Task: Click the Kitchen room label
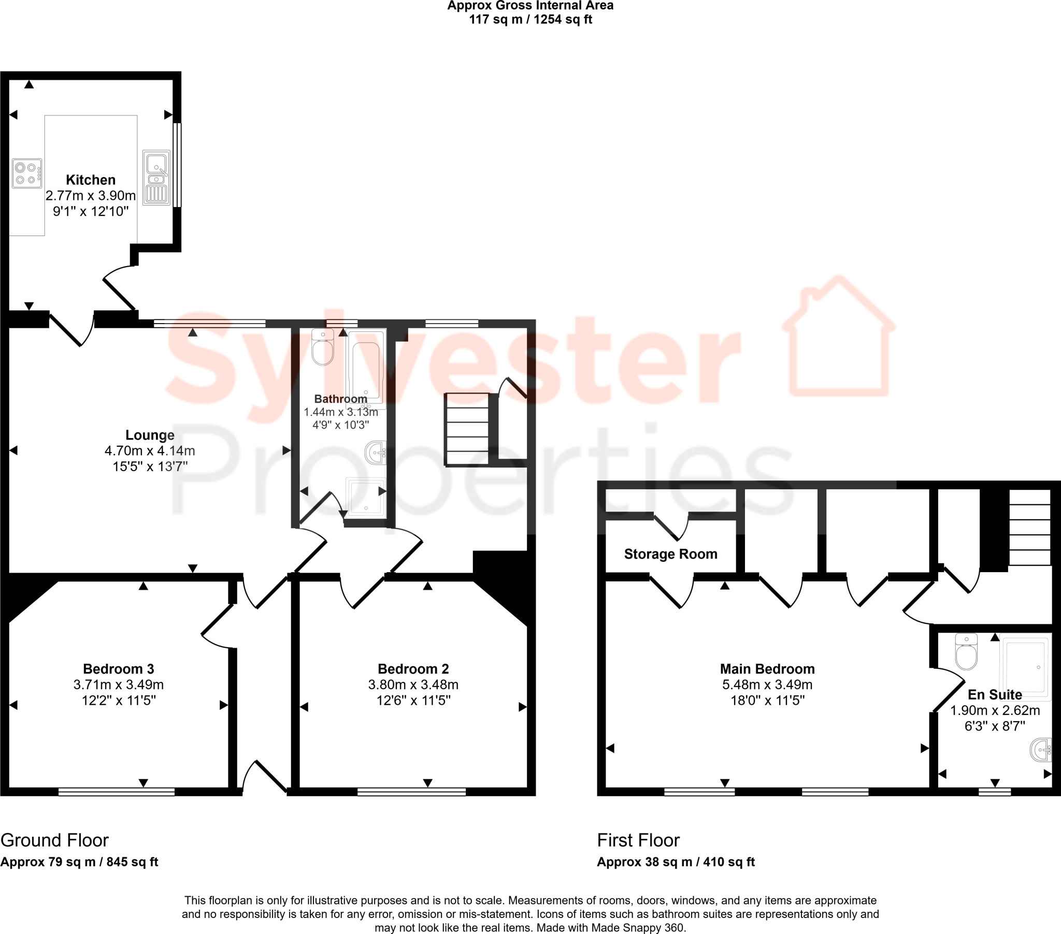[x=90, y=180]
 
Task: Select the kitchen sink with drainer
[x=156, y=178]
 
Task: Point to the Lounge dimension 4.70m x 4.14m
[x=150, y=451]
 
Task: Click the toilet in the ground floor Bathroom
[x=323, y=348]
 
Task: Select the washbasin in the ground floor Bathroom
[x=376, y=453]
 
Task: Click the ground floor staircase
[x=467, y=430]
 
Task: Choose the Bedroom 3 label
[x=118, y=669]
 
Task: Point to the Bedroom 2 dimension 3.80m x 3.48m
[x=413, y=685]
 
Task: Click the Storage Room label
[x=671, y=554]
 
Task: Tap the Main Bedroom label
[x=767, y=669]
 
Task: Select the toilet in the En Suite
[x=966, y=652]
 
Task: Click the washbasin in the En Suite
[x=1041, y=750]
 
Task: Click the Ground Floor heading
[x=54, y=840]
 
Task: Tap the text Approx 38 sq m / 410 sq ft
[x=676, y=862]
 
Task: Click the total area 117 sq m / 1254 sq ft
[x=530, y=20]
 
